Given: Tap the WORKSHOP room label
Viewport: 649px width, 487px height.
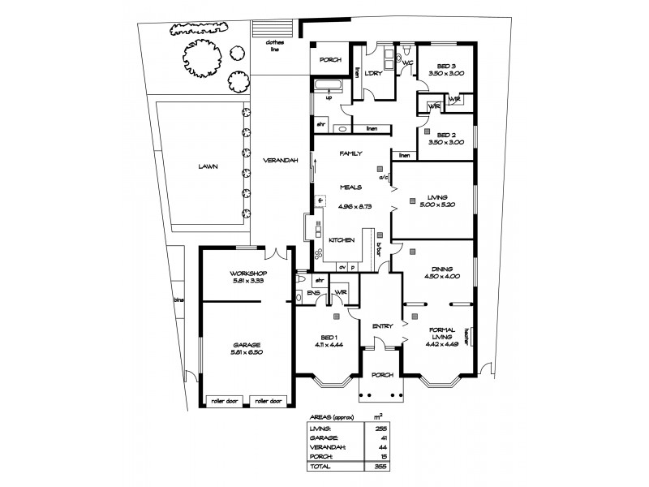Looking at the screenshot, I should [248, 273].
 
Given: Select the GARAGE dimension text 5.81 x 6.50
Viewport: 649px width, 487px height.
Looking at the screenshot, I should [248, 352].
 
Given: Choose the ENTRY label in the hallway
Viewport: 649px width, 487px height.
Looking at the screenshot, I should [382, 326].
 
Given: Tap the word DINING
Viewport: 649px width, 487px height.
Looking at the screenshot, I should [442, 268].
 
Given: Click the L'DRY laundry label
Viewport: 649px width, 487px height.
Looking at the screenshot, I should [373, 74].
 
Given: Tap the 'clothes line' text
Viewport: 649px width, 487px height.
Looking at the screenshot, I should [275, 47].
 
